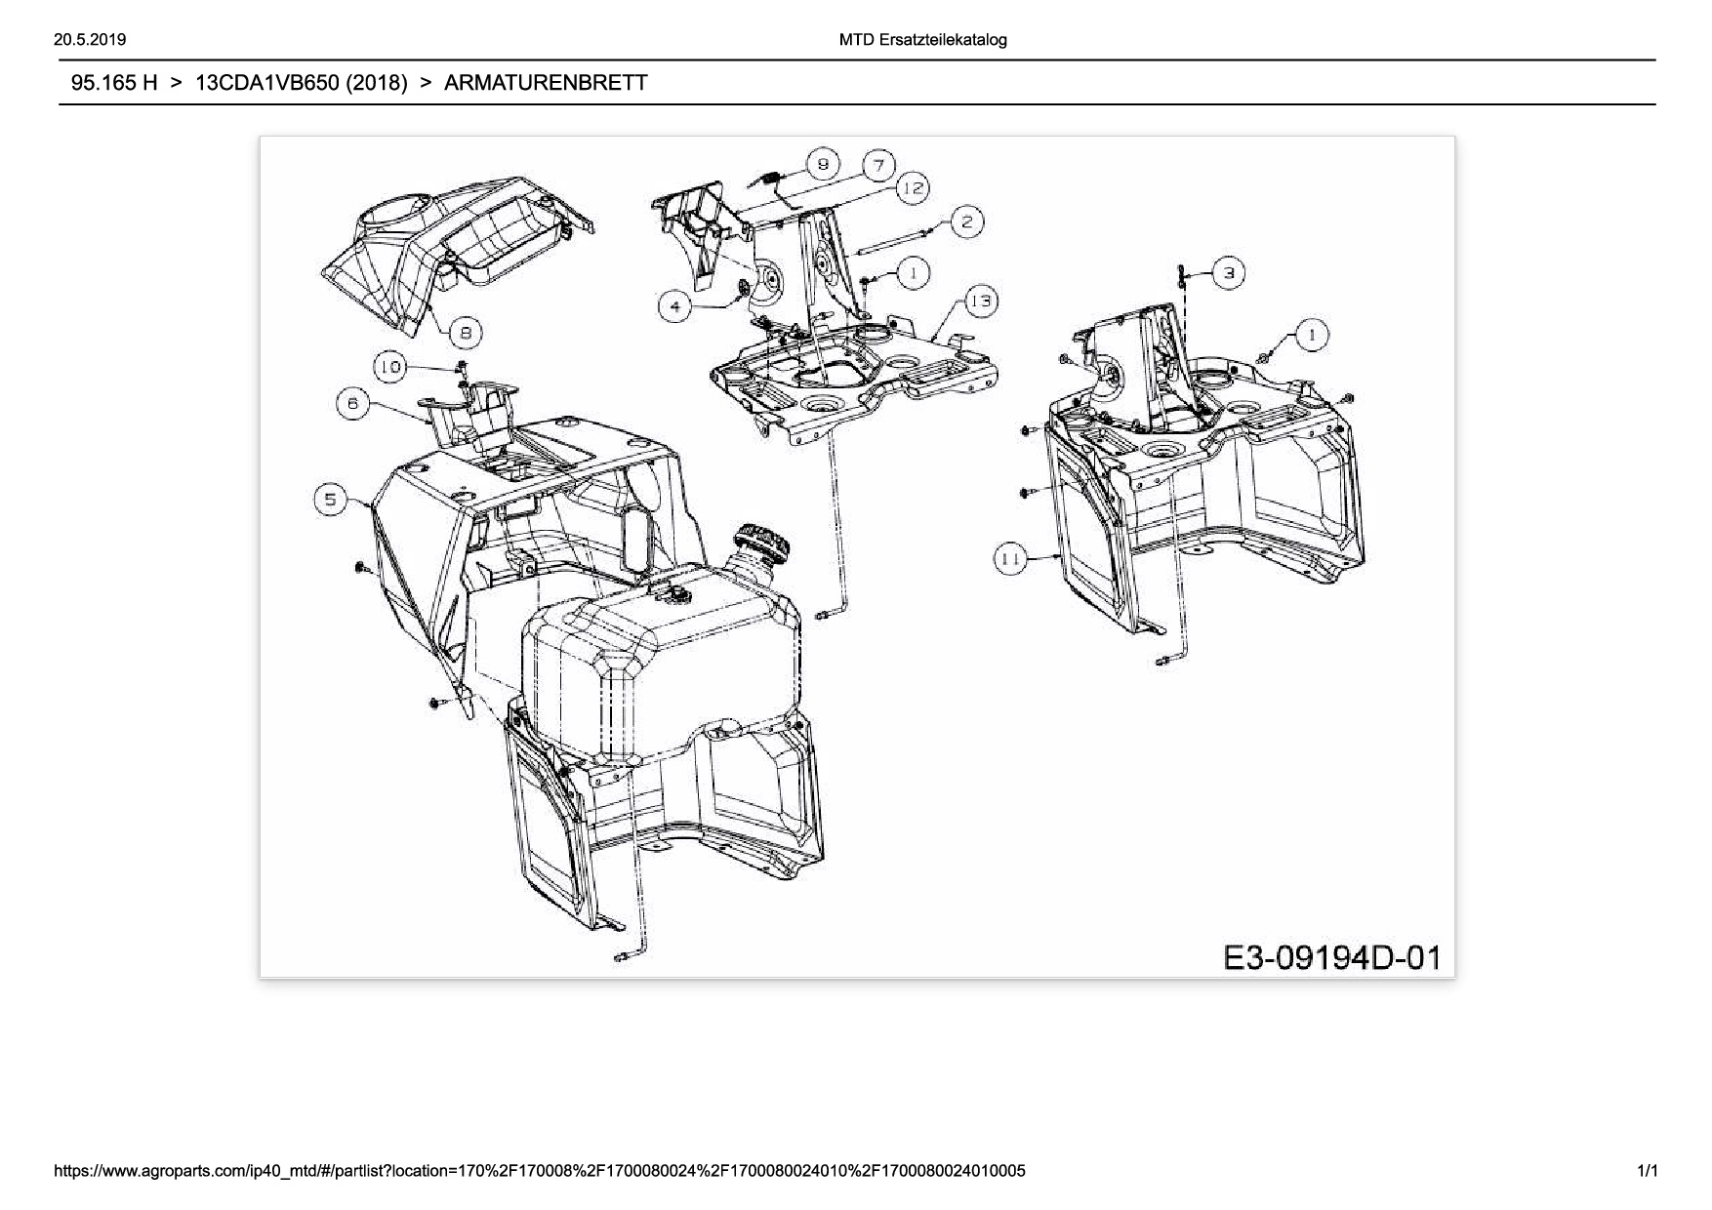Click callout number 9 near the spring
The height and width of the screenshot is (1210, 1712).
(823, 164)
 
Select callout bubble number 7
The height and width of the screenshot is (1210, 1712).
(878, 165)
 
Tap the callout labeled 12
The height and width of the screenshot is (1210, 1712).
(912, 188)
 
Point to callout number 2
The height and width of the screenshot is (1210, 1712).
(965, 222)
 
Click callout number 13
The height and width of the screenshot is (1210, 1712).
(981, 301)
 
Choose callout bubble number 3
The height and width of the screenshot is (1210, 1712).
(1229, 273)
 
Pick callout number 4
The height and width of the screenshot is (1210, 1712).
(676, 307)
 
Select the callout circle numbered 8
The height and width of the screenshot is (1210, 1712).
(466, 333)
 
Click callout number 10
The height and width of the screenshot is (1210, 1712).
(390, 367)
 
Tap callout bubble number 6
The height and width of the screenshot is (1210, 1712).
(352, 403)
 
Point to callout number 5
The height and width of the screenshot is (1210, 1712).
(330, 501)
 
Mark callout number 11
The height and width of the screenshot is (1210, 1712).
(1010, 559)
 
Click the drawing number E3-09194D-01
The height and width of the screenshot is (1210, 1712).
(1332, 957)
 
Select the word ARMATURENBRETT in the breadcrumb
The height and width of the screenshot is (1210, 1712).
(546, 83)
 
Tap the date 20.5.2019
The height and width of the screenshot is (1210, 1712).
(86, 40)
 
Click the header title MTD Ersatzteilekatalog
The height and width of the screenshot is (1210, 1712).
(922, 40)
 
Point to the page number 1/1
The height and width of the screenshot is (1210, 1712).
(1647, 1171)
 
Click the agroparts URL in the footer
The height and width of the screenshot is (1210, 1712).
(541, 1171)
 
